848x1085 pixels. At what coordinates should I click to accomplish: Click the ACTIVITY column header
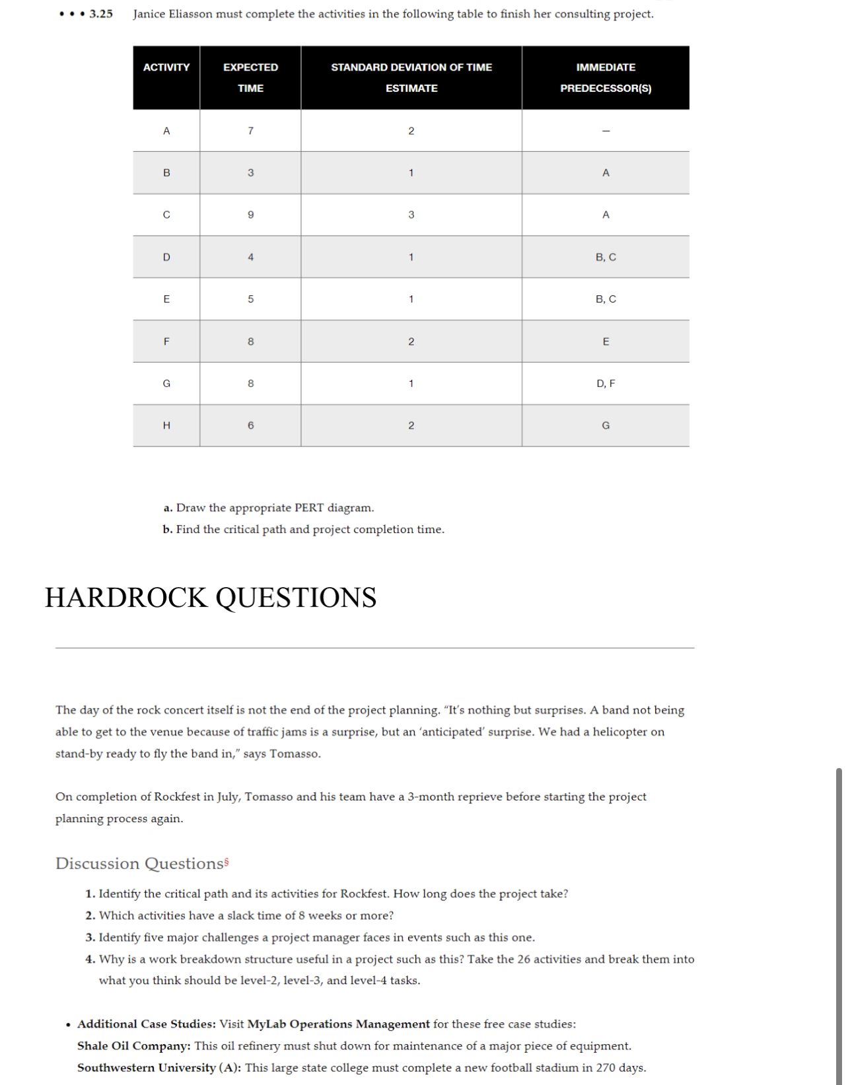pos(166,67)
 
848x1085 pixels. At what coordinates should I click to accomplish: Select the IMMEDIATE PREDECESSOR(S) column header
pos(605,78)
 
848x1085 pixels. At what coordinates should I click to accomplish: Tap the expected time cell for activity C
pos(250,215)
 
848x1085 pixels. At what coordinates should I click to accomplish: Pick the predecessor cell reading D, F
pos(605,384)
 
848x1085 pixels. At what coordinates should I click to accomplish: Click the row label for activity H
pos(166,426)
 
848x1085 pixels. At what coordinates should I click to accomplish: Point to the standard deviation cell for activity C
pos(411,215)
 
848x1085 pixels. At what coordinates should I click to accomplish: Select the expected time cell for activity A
pos(250,131)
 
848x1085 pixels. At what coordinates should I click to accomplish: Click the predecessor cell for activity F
pos(605,342)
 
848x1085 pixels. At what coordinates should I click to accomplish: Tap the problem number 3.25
pos(101,14)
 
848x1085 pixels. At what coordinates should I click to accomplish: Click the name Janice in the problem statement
pos(149,14)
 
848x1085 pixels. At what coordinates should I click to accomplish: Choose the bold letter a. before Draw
pos(168,508)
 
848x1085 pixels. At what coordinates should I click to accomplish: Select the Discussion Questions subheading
pos(140,864)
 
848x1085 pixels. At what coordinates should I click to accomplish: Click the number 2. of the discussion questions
pos(90,916)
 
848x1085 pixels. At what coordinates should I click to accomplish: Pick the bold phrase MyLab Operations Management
pos(338,1024)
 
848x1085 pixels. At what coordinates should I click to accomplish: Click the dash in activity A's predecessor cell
pos(605,131)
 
